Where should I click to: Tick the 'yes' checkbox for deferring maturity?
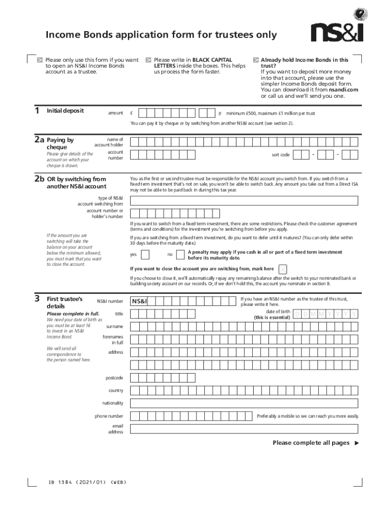146,254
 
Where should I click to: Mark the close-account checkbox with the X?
283,269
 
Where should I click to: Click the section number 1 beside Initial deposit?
37,111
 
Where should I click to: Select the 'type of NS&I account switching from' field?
244,201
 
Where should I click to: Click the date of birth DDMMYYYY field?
325,315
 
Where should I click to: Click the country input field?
244,390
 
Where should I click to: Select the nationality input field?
244,403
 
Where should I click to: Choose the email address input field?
244,429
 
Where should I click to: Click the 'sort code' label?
281,155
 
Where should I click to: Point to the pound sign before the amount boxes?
132,113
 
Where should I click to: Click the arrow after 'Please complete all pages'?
357,443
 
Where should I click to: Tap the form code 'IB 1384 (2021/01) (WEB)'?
84,482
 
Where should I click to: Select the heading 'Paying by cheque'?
60,143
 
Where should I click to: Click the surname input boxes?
244,327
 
